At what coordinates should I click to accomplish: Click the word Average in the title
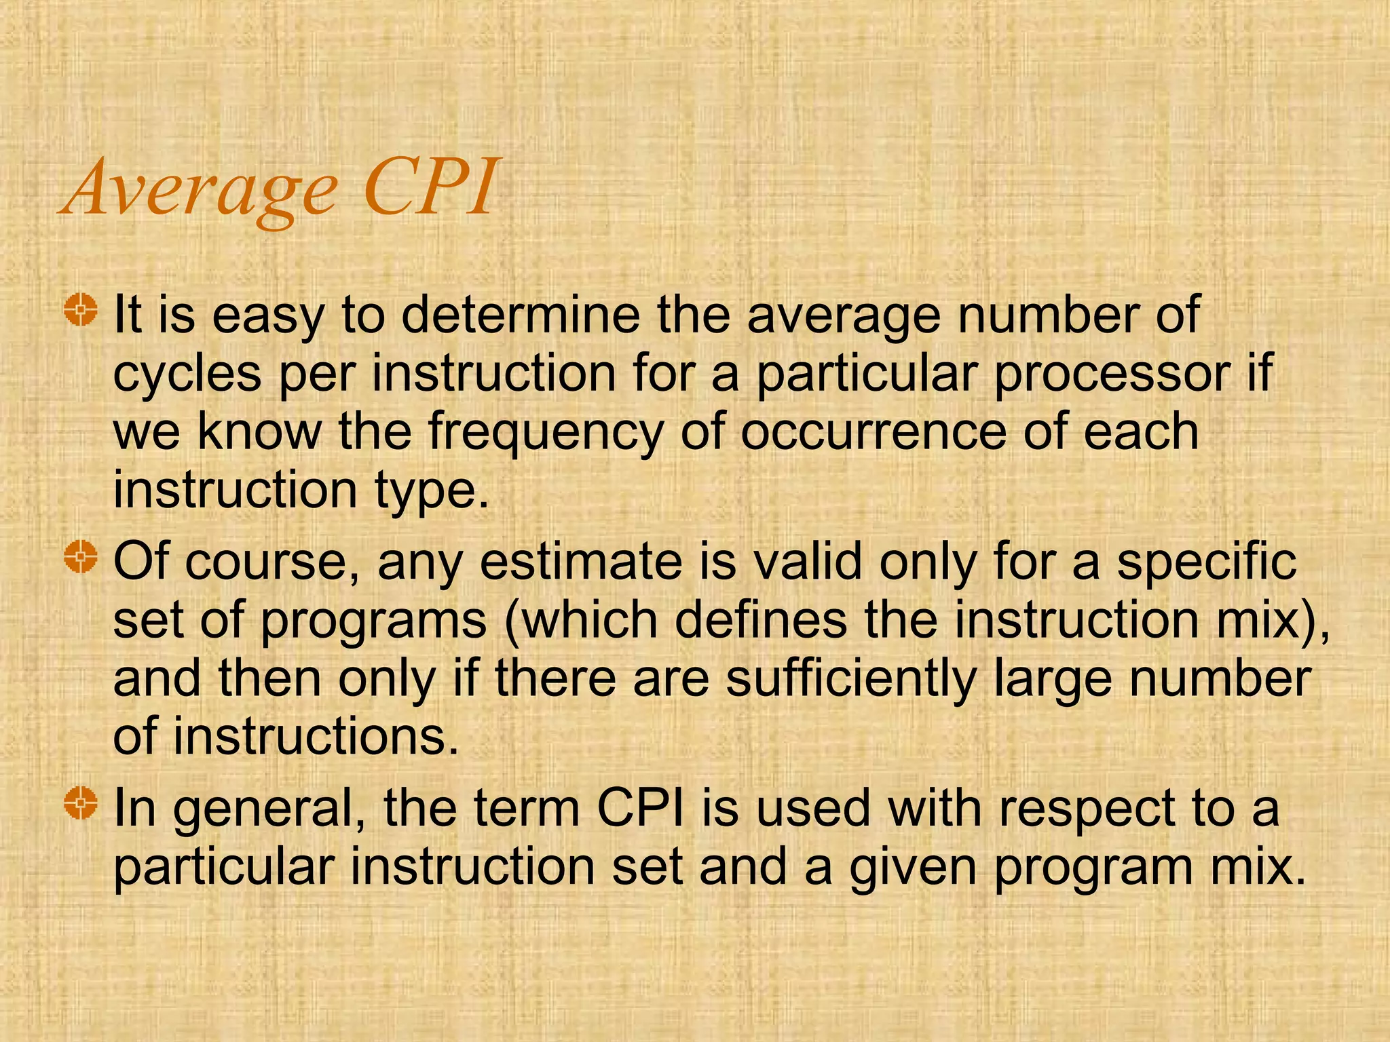click(200, 189)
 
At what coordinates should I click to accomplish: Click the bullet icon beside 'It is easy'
click(81, 311)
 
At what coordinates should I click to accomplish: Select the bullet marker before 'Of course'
click(81, 558)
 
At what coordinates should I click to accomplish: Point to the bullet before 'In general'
click(81, 805)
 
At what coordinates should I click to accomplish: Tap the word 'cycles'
click(187, 374)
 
